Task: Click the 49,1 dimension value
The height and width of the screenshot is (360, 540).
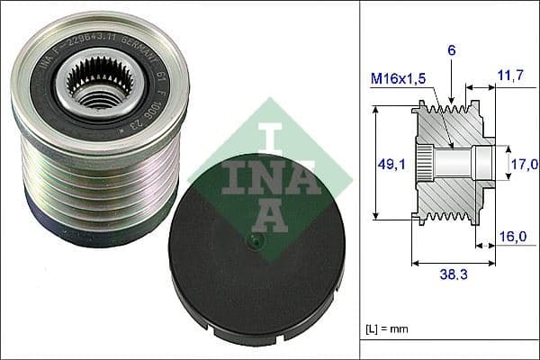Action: [x=387, y=164]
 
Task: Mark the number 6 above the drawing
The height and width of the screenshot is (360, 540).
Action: [x=452, y=52]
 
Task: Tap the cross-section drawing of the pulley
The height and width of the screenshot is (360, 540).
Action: [x=450, y=166]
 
